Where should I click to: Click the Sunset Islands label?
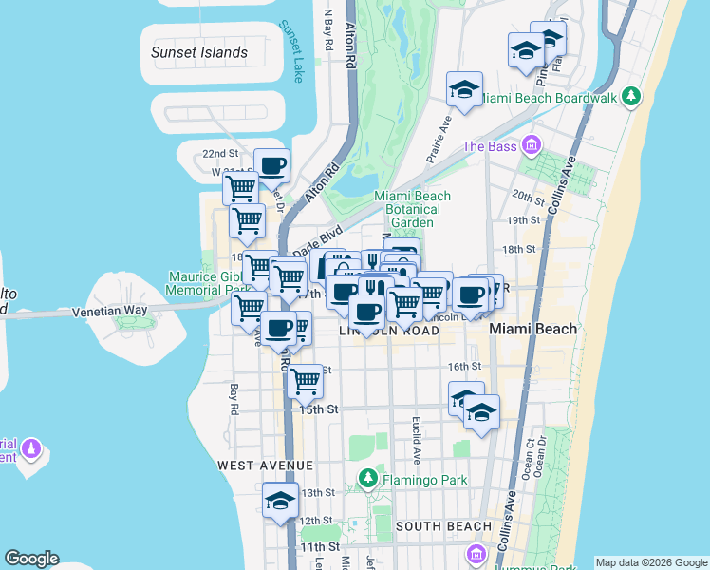click(199, 53)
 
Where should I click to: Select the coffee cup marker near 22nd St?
click(271, 166)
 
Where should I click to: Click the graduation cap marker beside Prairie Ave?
click(464, 90)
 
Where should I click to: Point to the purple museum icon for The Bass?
click(531, 145)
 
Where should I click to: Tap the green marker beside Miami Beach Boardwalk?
click(631, 97)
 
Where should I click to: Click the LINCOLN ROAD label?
click(389, 331)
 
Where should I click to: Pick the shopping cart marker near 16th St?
click(305, 381)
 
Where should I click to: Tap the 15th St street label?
click(319, 409)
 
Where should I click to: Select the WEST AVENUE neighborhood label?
click(265, 465)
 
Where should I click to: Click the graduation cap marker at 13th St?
click(280, 501)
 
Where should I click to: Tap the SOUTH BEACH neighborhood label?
click(443, 526)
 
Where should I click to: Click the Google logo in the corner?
click(31, 559)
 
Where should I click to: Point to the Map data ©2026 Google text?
click(650, 562)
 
